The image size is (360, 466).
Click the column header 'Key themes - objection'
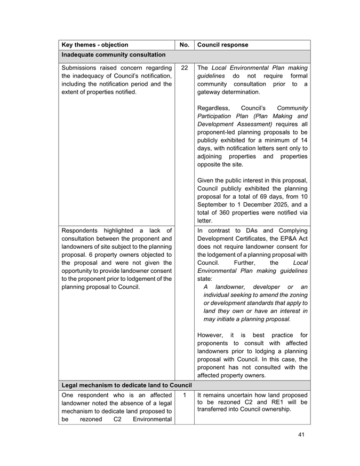(x=95, y=45)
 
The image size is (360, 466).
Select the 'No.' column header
(x=185, y=45)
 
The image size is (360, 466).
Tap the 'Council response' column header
(x=225, y=45)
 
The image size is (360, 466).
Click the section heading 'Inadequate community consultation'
(x=113, y=55)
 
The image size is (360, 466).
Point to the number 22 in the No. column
(x=184, y=68)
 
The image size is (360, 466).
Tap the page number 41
(x=301, y=435)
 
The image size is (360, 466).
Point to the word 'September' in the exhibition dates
(x=214, y=203)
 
